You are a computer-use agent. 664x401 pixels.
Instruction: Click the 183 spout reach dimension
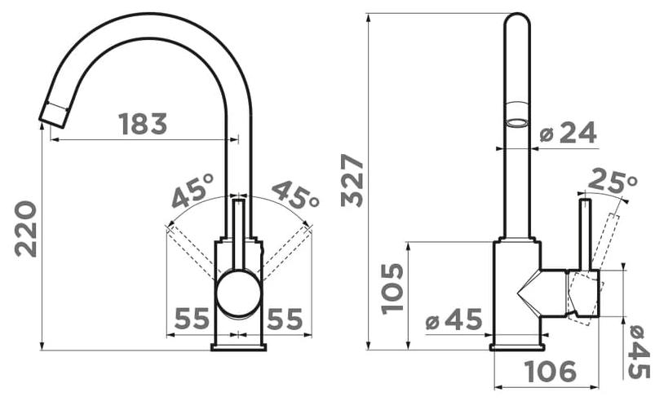pos(143,124)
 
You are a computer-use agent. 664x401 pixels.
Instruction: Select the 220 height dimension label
pos(26,229)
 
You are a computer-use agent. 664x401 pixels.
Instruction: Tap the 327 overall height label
pos(352,181)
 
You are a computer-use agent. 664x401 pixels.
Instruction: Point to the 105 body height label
pos(392,289)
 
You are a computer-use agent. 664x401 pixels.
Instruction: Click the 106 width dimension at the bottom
pos(551,372)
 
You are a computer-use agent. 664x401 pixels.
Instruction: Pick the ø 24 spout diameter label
pos(569,132)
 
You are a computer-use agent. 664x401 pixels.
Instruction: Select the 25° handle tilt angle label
pos(613,180)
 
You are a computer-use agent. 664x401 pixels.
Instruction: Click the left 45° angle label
pos(193,191)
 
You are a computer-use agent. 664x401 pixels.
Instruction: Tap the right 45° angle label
pos(295,194)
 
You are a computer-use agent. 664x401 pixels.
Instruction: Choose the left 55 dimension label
pos(192,319)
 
